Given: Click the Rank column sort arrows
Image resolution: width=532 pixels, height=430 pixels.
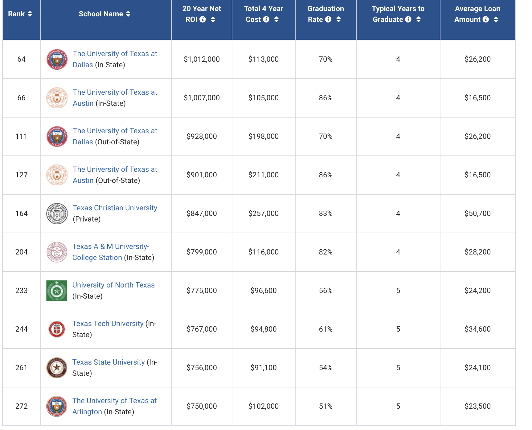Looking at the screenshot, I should [30, 14].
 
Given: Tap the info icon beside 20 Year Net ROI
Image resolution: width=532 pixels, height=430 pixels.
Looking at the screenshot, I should [203, 19].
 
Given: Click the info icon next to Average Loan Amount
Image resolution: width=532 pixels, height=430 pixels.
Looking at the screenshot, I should [486, 19].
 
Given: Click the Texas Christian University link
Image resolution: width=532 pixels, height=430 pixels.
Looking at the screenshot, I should [115, 208].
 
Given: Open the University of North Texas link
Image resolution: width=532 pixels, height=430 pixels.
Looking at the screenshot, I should [113, 285].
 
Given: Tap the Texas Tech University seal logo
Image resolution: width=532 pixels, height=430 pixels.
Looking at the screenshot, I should [57, 329].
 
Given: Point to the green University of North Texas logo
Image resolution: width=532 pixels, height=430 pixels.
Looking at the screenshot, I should [57, 291].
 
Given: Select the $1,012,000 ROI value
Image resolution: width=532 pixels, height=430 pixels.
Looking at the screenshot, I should [202, 59].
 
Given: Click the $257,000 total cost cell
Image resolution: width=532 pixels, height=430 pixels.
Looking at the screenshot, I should [263, 213].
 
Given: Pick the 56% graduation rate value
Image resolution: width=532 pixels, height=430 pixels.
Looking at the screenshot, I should [325, 291].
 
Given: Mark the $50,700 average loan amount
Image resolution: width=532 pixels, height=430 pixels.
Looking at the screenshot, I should [477, 213].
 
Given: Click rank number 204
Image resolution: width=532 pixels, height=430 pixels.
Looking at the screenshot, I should [22, 252].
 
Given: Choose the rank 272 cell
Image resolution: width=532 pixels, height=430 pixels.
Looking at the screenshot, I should [22, 406].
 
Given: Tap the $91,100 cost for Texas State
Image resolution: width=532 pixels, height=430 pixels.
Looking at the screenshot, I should [263, 368].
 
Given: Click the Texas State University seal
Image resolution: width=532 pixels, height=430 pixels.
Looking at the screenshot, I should [57, 368].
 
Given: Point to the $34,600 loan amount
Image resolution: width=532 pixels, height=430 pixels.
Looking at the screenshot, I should [477, 329].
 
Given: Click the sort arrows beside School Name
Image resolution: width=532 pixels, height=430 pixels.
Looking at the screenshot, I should [128, 14].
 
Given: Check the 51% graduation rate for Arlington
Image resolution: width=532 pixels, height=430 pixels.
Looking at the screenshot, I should [325, 406].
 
